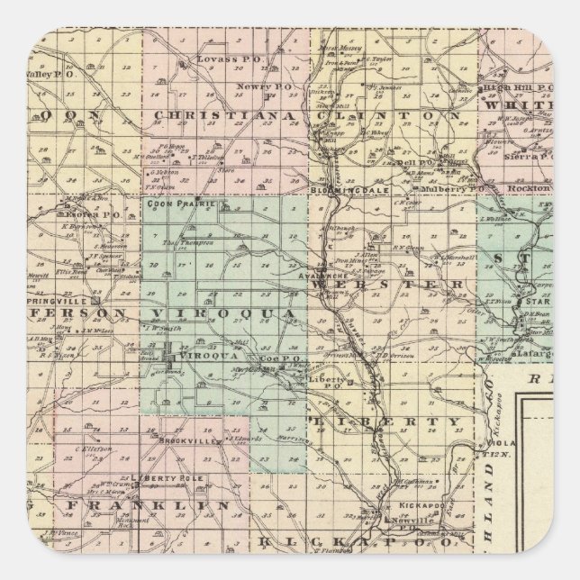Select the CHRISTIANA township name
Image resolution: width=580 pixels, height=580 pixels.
[223, 116]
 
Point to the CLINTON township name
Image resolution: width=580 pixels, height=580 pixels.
[389, 116]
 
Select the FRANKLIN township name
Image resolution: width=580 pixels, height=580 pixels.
[136, 507]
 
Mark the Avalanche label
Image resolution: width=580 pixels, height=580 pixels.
[321, 277]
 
